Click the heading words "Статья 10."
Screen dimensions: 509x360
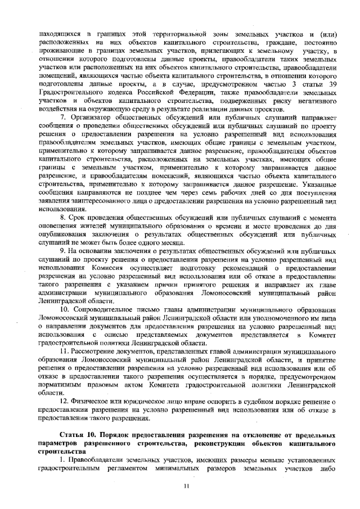(79, 436)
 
